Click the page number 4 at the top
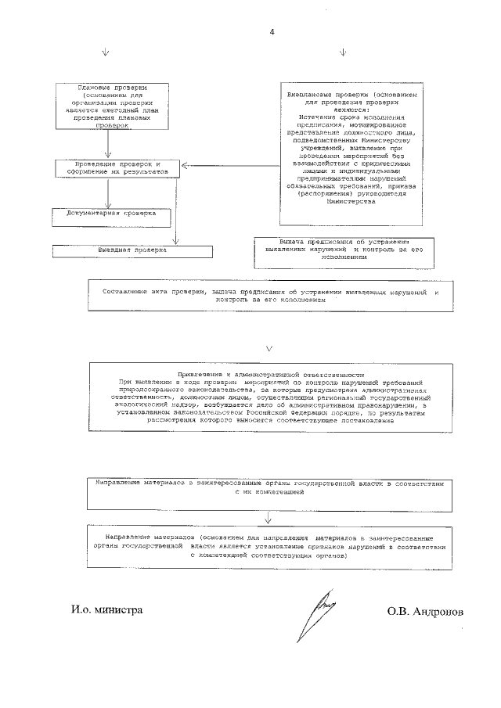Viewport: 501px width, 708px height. click(x=272, y=32)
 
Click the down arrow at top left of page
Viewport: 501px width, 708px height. click(x=106, y=53)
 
